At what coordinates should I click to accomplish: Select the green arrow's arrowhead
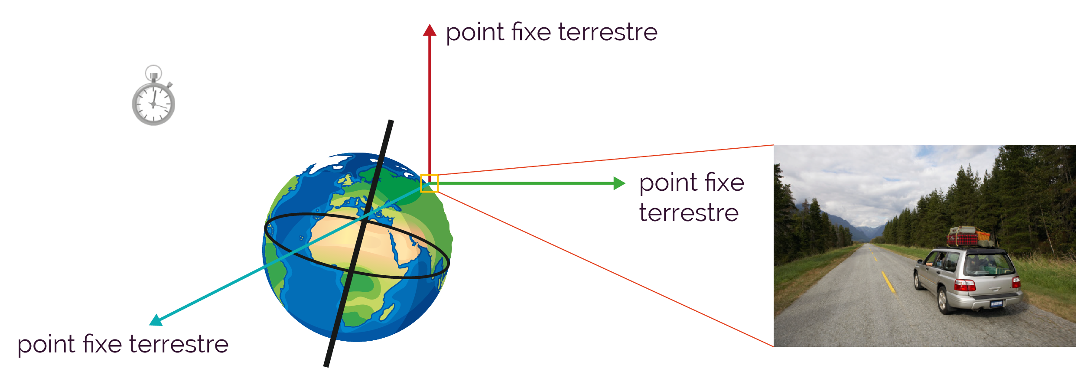pyautogui.click(x=619, y=183)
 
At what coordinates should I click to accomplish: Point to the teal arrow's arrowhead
pyautogui.click(x=155, y=320)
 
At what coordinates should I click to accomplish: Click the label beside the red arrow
pyautogui.click(x=552, y=33)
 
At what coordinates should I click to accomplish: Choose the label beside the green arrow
pyautogui.click(x=691, y=197)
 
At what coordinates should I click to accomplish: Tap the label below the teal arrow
pyautogui.click(x=123, y=345)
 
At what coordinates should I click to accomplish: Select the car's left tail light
pyautogui.click(x=965, y=285)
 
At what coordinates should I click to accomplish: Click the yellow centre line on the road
pyautogui.click(x=888, y=281)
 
